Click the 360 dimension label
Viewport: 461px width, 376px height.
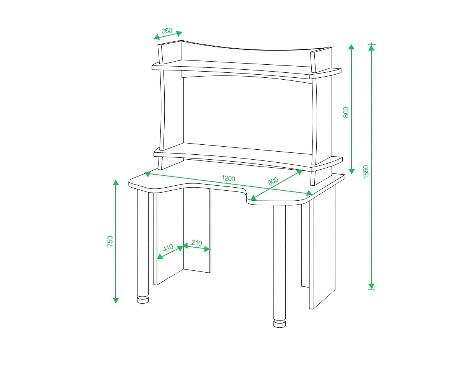[x=167, y=31]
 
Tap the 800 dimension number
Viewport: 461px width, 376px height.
[x=346, y=112]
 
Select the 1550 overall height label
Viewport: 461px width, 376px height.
[x=366, y=172]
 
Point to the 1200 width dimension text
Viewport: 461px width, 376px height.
[x=228, y=178]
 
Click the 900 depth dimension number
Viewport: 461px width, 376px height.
[x=273, y=181]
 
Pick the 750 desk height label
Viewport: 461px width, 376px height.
[x=110, y=241]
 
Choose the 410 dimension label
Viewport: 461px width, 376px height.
[x=168, y=248]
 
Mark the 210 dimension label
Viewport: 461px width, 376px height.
[x=196, y=243]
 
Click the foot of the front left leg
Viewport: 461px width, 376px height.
[x=143, y=299]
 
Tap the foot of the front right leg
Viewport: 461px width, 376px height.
[x=280, y=324]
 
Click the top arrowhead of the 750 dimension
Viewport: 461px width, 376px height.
[x=116, y=183]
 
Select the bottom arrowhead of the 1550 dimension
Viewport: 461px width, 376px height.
[x=371, y=286]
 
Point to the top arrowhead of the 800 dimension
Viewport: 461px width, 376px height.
[x=351, y=47]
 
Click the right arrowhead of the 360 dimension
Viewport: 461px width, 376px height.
[x=180, y=33]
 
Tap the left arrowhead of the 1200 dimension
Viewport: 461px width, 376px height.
[x=147, y=174]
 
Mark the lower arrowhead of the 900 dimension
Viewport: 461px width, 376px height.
[x=253, y=198]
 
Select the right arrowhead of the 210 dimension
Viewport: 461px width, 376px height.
[x=207, y=249]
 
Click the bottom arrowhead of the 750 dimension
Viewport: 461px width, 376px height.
[x=116, y=300]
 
